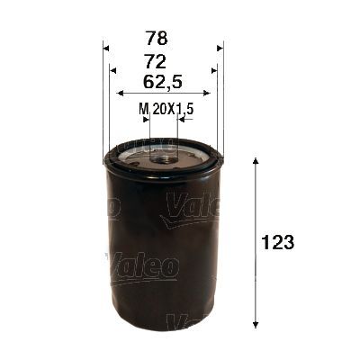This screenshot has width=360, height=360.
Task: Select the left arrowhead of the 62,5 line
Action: [x=121, y=92]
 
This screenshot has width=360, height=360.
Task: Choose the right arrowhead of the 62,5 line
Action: [x=206, y=92]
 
